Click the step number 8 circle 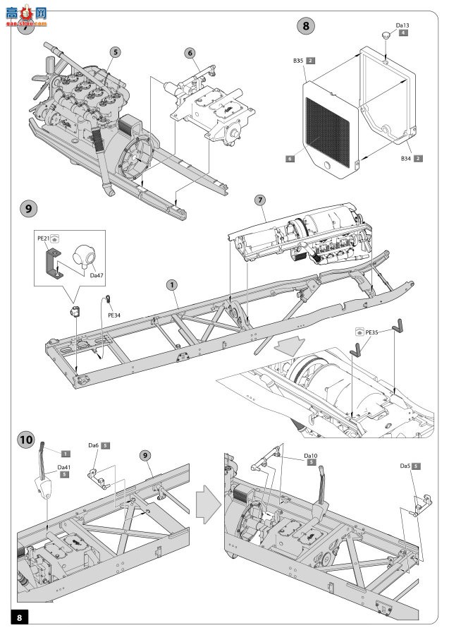[305, 27]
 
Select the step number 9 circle [27, 209]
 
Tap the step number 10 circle [27, 439]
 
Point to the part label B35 [298, 62]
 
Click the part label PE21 [42, 239]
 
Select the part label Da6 [93, 446]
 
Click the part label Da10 [311, 456]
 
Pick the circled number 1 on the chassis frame [171, 284]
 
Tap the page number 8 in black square [20, 617]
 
